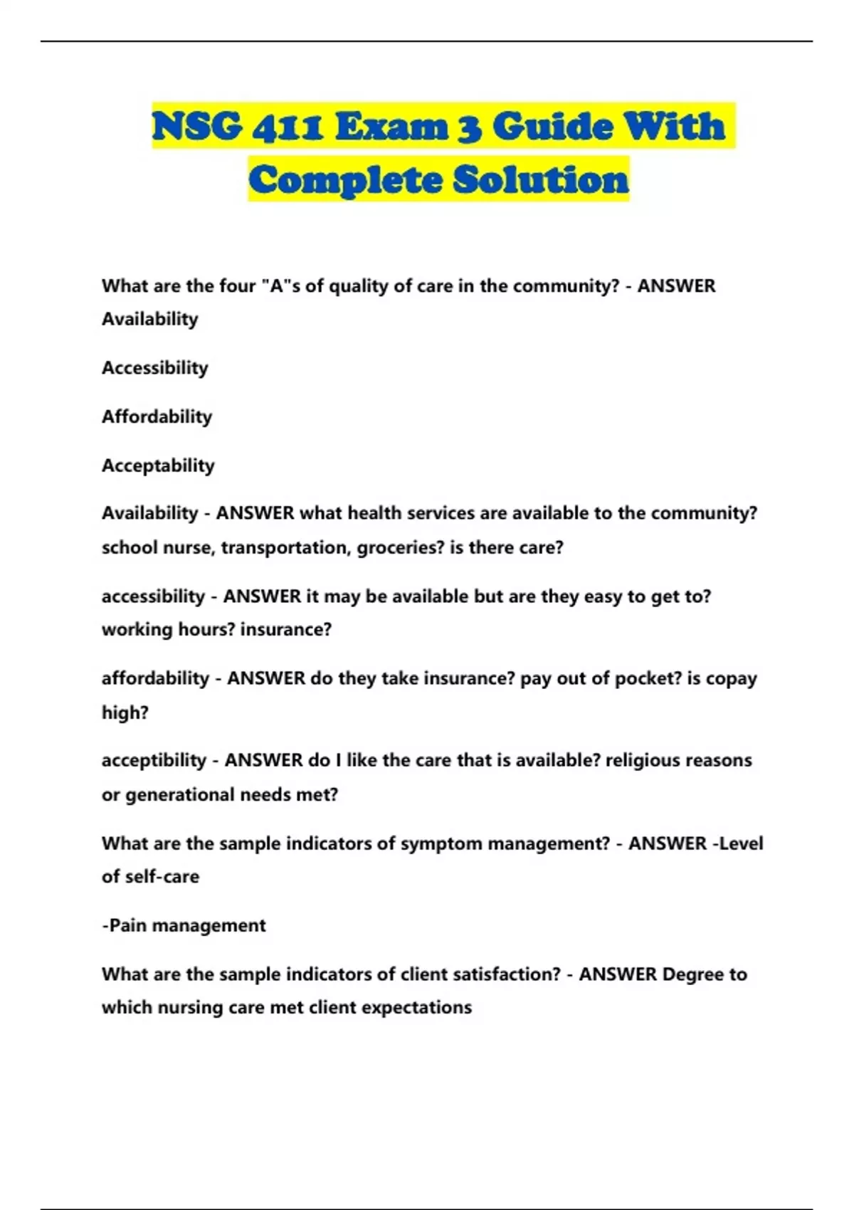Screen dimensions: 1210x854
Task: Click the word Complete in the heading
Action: point(346,179)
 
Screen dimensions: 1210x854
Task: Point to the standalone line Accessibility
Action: point(155,368)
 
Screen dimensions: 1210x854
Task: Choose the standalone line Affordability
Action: point(157,416)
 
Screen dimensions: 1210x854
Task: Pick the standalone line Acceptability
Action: point(158,465)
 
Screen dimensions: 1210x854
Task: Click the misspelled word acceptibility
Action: point(154,761)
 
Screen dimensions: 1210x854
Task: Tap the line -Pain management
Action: point(184,925)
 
